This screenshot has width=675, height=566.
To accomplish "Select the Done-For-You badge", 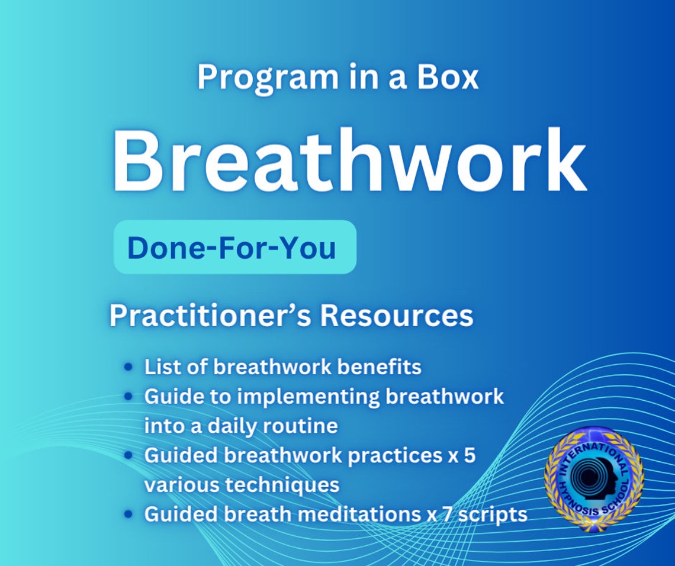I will pyautogui.click(x=234, y=247).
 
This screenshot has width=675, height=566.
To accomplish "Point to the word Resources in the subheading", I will pyautogui.click(x=397, y=316).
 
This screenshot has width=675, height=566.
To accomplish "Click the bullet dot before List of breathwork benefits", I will pyautogui.click(x=128, y=368).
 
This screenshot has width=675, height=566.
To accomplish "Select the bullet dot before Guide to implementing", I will pyautogui.click(x=128, y=397).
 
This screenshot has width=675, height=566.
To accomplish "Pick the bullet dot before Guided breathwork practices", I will pyautogui.click(x=128, y=456).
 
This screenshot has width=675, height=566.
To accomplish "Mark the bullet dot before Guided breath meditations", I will pyautogui.click(x=128, y=514).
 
